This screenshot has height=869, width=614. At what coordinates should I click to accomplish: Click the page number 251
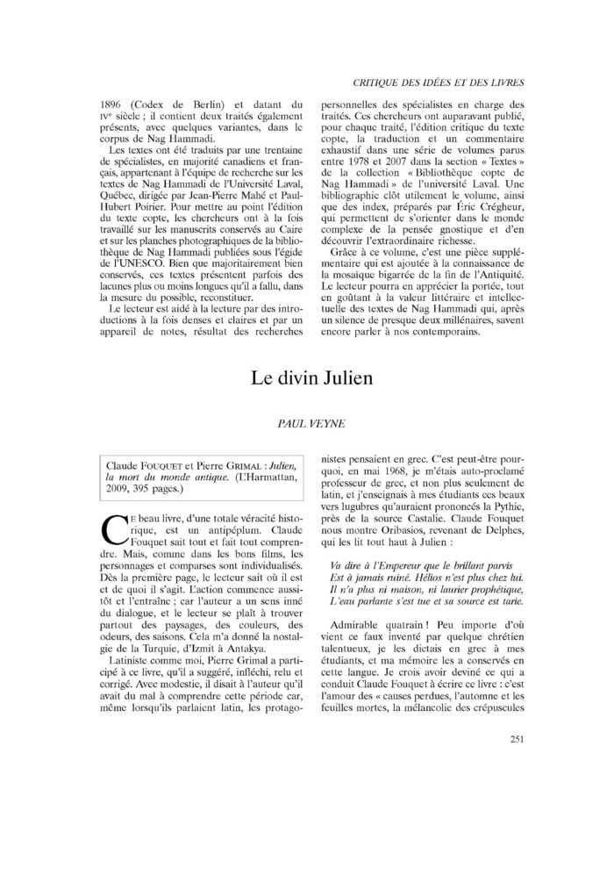coord(517,738)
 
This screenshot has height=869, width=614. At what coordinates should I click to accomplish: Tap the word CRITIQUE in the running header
coord(378,83)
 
